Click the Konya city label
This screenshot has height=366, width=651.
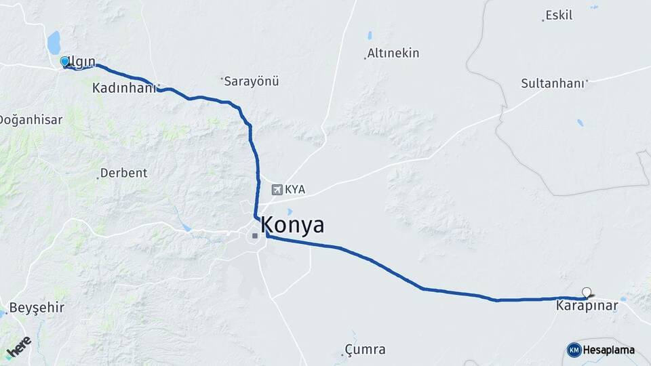tap(292, 225)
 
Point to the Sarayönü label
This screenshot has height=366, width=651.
tap(252, 81)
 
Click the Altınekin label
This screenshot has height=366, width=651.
tap(393, 53)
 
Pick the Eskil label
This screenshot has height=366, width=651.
tap(559, 15)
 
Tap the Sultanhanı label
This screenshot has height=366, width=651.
tap(551, 83)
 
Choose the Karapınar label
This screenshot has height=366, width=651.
tap(587, 306)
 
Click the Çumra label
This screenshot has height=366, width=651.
tap(365, 350)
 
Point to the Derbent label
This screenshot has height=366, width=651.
tap(123, 173)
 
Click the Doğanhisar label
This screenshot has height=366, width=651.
tap(31, 119)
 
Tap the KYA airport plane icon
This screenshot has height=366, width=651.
tap(277, 190)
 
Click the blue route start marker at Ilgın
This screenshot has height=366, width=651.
tap(64, 62)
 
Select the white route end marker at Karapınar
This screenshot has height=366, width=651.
tap(587, 293)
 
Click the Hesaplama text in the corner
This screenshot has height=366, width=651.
tap(608, 350)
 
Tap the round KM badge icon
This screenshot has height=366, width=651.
tap(574, 350)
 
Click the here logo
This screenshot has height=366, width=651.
tap(18, 347)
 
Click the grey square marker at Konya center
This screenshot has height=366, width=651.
tap(255, 236)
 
